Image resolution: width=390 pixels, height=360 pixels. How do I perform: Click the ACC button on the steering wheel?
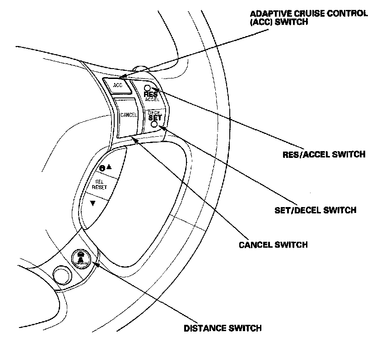(118, 85)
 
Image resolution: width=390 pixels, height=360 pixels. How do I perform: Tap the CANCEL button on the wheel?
(129, 115)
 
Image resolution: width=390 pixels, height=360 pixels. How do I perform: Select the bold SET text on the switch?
(154, 117)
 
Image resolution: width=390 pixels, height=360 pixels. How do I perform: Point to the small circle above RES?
(148, 88)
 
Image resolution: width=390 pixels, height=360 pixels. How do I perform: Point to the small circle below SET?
(155, 124)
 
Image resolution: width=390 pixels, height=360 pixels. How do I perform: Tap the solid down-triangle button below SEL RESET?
(93, 203)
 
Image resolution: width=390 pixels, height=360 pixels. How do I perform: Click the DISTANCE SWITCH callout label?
(223, 328)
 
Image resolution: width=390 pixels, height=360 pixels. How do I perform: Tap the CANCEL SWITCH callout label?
(273, 245)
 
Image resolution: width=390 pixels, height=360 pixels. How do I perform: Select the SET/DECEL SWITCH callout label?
(316, 210)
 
